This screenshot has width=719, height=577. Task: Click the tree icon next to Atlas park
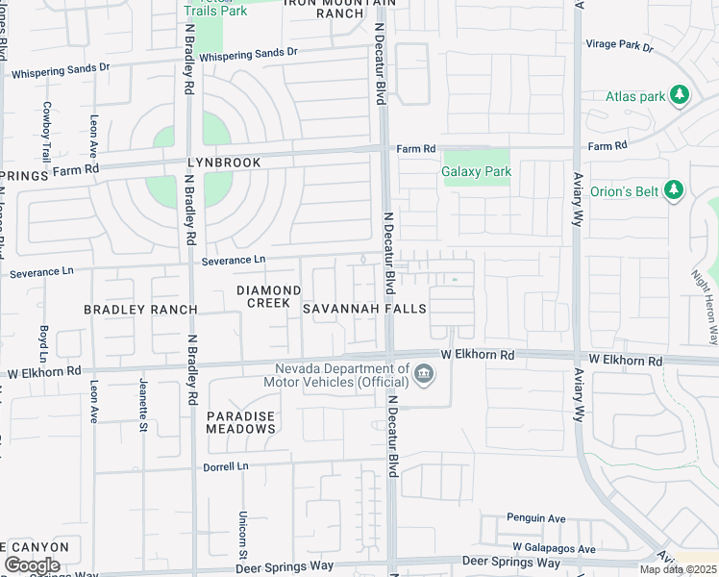click(x=680, y=94)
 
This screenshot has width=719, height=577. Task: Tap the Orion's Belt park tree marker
click(x=674, y=190)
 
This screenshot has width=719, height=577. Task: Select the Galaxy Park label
click(x=476, y=172)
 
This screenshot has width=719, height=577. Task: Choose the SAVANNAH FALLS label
click(x=364, y=309)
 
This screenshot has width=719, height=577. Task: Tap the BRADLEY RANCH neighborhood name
click(x=140, y=310)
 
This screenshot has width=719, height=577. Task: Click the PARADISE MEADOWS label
click(x=240, y=422)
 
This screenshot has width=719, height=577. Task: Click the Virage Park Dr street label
click(x=619, y=45)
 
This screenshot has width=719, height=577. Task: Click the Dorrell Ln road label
click(x=226, y=466)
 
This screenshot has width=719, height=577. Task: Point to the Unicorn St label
click(x=243, y=534)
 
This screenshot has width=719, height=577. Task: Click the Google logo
click(x=32, y=565)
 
